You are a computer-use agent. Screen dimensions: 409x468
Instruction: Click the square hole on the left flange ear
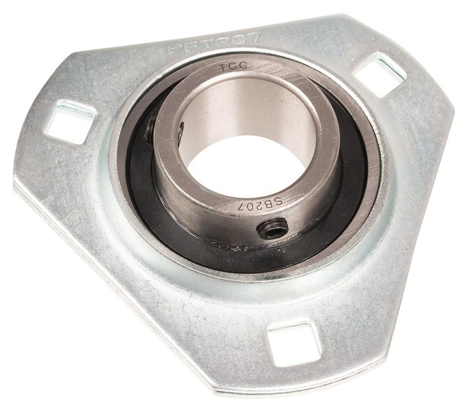click(71, 121)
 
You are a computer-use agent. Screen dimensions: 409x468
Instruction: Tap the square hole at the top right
click(381, 75)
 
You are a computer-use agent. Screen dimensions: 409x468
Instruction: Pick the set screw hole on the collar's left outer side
click(150, 132)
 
